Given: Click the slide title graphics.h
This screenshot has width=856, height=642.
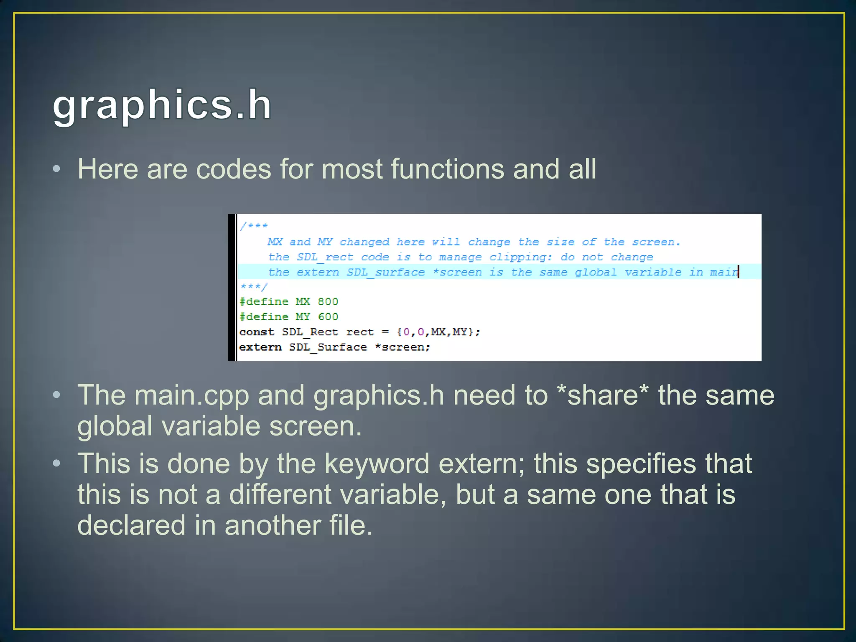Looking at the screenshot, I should coord(162,105).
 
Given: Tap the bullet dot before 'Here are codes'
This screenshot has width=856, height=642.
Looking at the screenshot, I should coord(57,169).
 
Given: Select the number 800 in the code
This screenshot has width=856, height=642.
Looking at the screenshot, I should coord(328,302).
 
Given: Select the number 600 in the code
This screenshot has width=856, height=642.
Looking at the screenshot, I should coord(328,317).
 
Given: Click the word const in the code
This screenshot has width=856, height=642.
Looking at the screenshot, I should coord(256,332).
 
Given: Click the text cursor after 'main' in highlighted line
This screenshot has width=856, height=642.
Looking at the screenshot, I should coord(739,272).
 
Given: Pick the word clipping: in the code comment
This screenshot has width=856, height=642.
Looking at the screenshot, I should coord(520,257).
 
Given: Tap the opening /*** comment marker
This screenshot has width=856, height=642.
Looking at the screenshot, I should coord(254,226).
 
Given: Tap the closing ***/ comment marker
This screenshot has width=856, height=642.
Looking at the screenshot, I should coord(254,287).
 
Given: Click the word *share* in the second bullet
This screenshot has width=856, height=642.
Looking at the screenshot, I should coord(603,395).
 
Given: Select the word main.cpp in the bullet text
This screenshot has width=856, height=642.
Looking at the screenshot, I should coord(191,395).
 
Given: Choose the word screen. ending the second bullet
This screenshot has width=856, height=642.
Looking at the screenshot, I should coord(315,426).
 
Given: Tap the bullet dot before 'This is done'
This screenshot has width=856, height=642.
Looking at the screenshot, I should coord(57,464).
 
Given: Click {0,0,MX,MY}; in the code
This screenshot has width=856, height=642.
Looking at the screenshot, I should coord(438,332).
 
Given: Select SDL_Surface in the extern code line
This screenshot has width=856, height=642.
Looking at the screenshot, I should coord(328,347).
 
